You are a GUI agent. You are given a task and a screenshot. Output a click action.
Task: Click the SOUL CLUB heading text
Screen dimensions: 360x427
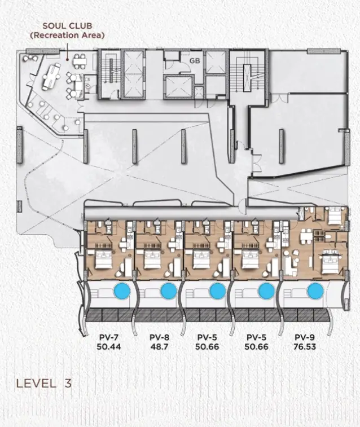pos(67,26)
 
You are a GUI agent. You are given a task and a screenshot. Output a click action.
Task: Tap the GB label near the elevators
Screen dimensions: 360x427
pos(195,61)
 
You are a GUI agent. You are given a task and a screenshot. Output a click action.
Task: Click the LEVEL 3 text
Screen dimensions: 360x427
pos(44,383)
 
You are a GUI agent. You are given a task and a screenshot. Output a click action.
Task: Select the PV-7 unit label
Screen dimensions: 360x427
pos(109,337)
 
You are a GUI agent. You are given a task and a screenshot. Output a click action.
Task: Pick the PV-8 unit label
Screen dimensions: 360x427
pos(159,337)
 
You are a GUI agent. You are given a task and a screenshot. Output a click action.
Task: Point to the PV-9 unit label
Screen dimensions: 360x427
pos(305,337)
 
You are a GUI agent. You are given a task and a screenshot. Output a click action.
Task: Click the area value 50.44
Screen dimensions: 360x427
pos(109,347)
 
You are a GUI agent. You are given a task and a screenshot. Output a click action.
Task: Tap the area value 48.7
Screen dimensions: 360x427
pos(159,347)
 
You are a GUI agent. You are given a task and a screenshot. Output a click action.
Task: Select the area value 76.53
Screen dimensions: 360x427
pos(305,347)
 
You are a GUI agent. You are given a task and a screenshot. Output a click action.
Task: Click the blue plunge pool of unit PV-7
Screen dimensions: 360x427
pos(122,291)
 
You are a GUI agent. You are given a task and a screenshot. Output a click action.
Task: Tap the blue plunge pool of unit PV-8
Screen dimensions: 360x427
pos(169,291)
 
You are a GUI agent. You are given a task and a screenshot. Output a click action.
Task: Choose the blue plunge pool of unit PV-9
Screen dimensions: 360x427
pos(315,291)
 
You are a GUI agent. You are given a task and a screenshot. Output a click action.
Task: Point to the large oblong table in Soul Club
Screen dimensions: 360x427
pos(51,76)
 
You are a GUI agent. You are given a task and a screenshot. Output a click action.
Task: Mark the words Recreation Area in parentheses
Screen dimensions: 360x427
pos(67,36)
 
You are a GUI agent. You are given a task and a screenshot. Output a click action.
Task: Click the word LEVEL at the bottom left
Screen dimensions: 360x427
pos(36,383)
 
